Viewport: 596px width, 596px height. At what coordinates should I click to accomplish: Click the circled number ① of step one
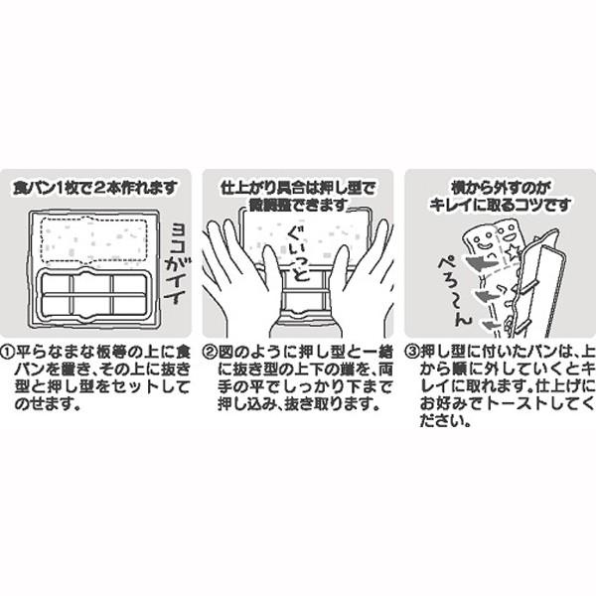(10, 352)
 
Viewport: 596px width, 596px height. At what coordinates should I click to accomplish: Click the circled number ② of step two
(211, 352)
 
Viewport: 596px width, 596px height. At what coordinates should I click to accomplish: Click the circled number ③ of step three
(411, 352)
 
